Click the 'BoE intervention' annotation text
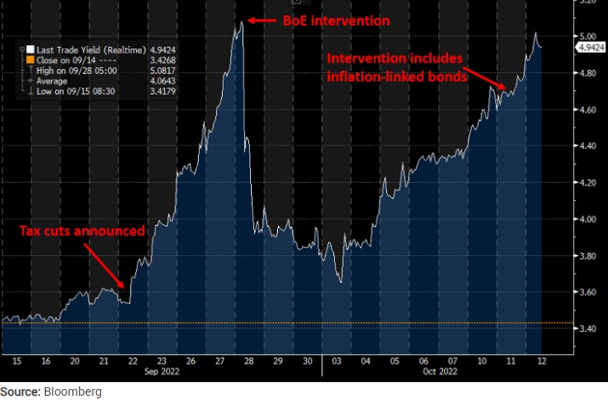pos(335,20)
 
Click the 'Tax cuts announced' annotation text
pos(82,231)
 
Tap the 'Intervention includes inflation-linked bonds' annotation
pos(397,69)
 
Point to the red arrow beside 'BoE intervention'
pos(264,20)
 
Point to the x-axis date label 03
pos(338,361)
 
